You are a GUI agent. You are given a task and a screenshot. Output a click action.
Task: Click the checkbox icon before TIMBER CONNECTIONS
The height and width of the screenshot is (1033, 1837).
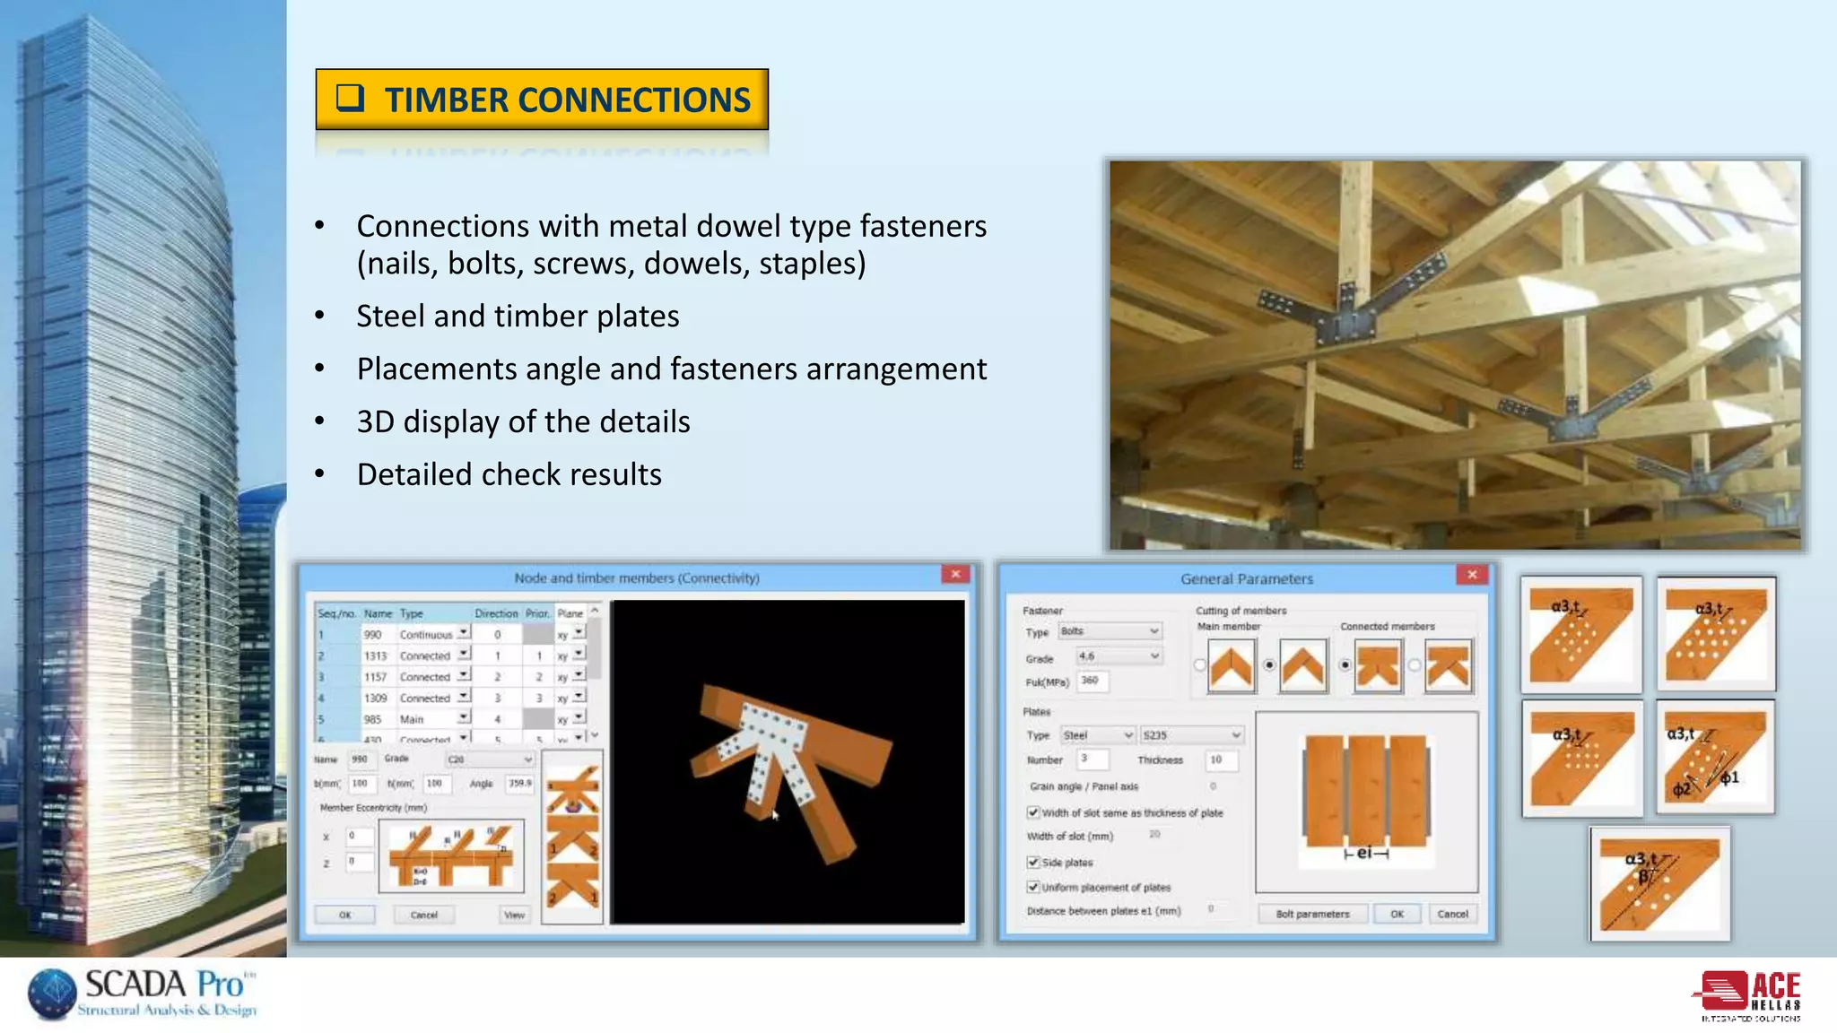[x=350, y=97]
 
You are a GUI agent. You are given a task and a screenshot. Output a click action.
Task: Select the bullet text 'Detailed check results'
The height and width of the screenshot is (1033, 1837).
[x=509, y=474]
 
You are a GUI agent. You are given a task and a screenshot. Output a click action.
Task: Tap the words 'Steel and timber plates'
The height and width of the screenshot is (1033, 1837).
[x=518, y=316]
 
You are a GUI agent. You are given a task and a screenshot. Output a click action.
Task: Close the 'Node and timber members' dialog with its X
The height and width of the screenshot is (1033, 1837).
[x=955, y=575]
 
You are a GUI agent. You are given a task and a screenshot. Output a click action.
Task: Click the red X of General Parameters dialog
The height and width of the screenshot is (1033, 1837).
[x=1472, y=575]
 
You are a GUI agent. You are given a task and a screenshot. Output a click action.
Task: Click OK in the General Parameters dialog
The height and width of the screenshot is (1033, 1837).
[x=1397, y=914]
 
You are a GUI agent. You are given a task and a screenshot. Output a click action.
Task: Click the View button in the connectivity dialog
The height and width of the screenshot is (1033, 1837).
[x=514, y=915]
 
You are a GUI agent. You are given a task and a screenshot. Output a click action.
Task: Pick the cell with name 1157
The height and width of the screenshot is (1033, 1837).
[x=375, y=677]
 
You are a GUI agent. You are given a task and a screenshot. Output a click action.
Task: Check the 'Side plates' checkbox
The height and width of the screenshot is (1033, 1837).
[x=1033, y=862]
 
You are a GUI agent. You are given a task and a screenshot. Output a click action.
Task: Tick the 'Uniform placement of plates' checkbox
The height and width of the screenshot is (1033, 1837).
[x=1033, y=887]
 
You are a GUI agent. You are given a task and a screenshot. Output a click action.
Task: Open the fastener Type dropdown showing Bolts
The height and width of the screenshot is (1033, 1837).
[x=1110, y=631]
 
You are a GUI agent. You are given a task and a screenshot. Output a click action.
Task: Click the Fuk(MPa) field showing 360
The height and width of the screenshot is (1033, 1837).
[x=1092, y=681]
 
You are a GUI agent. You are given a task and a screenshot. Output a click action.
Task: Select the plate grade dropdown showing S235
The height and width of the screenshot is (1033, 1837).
[x=1192, y=735]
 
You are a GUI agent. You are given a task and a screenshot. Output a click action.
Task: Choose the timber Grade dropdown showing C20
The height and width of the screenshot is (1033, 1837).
[x=490, y=760]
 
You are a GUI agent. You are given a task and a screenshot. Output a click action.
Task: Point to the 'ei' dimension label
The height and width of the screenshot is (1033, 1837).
[x=1364, y=853]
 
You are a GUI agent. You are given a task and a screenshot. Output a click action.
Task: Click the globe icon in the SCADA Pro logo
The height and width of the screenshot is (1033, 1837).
[x=53, y=994]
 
